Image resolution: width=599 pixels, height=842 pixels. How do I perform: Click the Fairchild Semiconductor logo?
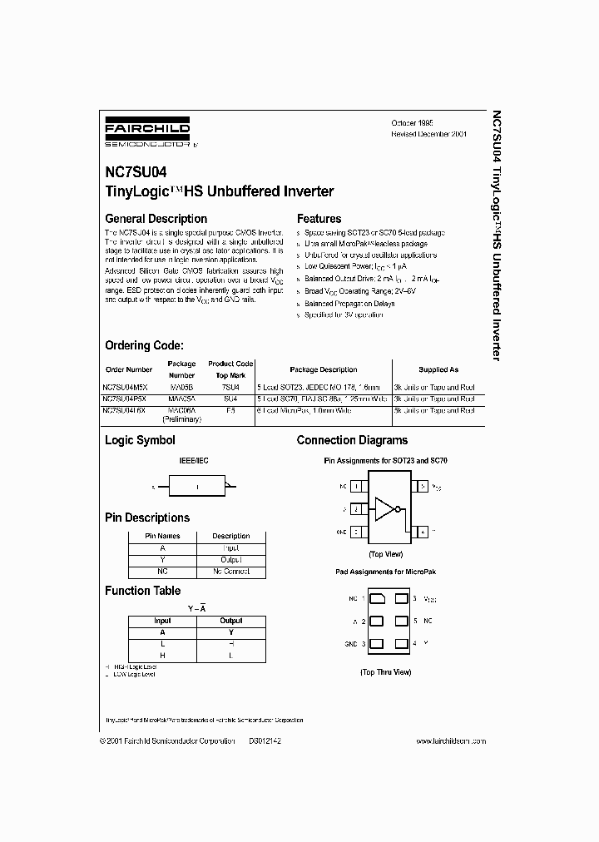pyautogui.click(x=147, y=132)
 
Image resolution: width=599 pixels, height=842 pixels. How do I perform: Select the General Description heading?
pyautogui.click(x=156, y=219)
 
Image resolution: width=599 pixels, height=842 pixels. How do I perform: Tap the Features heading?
pyautogui.click(x=319, y=219)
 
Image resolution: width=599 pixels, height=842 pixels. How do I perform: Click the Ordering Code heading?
pyautogui.click(x=144, y=345)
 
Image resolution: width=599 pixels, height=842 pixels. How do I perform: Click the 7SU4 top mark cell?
pyautogui.click(x=230, y=387)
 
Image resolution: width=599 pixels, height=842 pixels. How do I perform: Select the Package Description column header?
pyautogui.click(x=324, y=369)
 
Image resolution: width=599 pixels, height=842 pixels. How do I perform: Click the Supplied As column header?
pyautogui.click(x=438, y=369)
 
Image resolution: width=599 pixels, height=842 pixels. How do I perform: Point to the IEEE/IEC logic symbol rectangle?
pyautogui.click(x=197, y=486)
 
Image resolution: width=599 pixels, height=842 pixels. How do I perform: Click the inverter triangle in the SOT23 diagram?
pyautogui.click(x=387, y=508)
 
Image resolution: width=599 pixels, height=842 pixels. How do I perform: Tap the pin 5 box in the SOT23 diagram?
pyautogui.click(x=422, y=485)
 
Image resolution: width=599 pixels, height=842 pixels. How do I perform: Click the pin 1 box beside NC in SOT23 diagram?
pyautogui.click(x=357, y=485)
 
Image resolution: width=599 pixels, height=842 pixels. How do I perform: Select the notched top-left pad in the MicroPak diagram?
pyautogui.click(x=376, y=598)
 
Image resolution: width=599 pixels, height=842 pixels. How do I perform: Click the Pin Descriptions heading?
pyautogui.click(x=147, y=518)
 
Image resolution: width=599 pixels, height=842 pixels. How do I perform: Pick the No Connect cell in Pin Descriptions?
pyautogui.click(x=230, y=572)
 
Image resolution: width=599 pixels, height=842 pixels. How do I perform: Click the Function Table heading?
pyautogui.click(x=142, y=591)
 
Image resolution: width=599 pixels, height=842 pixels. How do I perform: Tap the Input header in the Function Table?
pyautogui.click(x=162, y=621)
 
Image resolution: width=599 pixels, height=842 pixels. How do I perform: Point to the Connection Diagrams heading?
pyautogui.click(x=352, y=440)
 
